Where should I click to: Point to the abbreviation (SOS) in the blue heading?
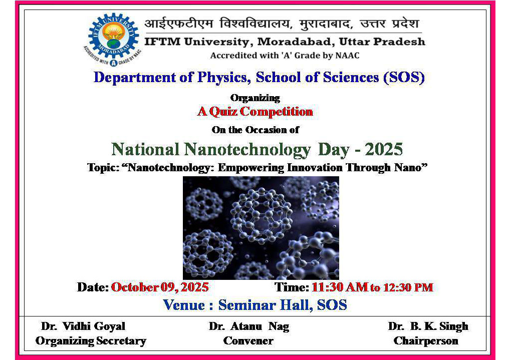pos(404,78)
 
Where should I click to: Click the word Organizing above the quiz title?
pos(255,98)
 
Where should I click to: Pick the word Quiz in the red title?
pos(223,112)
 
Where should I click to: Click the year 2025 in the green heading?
pos(384,149)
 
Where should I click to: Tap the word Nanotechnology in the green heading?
pos(247,150)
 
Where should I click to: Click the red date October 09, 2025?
pos(160,287)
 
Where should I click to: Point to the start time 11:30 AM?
pos(340,287)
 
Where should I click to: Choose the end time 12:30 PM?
pos(408,287)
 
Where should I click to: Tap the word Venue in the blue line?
pos(184,305)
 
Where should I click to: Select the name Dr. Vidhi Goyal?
pos(83,326)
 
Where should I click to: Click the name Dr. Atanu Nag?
pos(249,326)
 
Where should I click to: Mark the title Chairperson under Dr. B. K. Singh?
pos(426,341)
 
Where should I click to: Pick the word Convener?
pos(248,341)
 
